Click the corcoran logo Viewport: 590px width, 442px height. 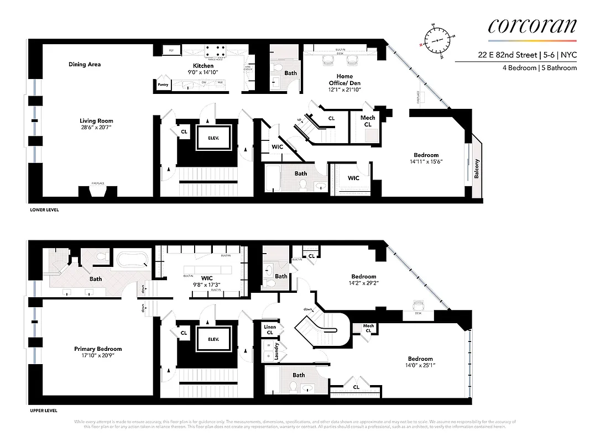532,26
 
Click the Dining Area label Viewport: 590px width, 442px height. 85,65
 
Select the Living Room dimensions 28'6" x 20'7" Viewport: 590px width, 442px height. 96,128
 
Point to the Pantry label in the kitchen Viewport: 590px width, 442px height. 163,85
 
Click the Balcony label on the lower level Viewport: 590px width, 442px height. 476,169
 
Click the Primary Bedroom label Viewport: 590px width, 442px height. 98,349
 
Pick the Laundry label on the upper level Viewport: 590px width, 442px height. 276,353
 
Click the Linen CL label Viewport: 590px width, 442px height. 270,330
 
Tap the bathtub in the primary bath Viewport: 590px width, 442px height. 132,258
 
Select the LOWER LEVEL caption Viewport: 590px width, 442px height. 44,210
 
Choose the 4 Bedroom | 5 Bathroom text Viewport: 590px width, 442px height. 539,68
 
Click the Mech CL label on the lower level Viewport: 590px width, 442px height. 368,121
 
